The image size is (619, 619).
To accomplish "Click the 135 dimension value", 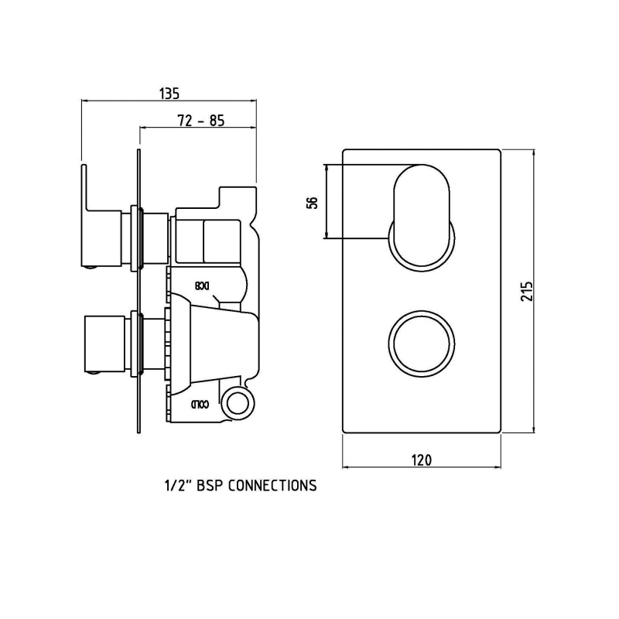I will click(x=169, y=93).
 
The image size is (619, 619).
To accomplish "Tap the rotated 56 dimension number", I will click(x=313, y=202).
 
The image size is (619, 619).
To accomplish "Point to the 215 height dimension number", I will click(x=526, y=290).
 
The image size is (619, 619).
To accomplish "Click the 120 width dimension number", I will click(x=421, y=460).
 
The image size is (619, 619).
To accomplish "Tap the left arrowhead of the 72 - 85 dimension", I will click(x=142, y=127).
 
